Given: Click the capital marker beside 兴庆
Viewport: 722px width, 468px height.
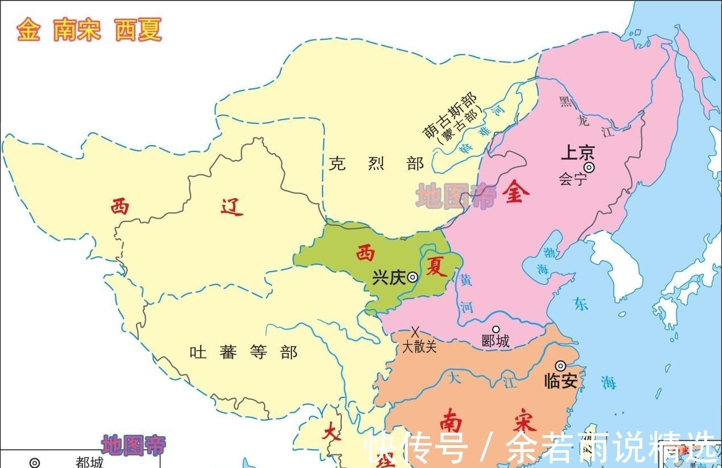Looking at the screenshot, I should pos(412,277).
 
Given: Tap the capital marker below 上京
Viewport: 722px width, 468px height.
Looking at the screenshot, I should pos(589,167).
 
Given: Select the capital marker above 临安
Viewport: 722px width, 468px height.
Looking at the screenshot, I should pos(561,366).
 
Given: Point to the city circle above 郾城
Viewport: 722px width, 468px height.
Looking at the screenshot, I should pos(496,329).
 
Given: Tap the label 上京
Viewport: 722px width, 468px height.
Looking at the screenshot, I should pos(577,153).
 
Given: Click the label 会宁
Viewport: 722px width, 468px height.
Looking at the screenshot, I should pos(572,180).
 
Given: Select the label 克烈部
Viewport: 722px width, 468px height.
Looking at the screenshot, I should pos(376,164).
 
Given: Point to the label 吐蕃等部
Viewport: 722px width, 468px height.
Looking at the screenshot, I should pos(243,352).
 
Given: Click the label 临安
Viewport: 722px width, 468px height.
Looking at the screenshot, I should pos(561,380).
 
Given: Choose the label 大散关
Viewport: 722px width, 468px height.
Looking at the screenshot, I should pos(420,346).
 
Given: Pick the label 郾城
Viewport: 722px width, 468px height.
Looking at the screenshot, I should pos(496,342).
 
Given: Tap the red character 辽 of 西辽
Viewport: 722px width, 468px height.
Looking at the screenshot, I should pos(230,207).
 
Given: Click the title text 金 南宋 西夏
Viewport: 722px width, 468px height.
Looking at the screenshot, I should pos(89,30).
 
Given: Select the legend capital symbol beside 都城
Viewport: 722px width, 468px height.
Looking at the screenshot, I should pos(35,463).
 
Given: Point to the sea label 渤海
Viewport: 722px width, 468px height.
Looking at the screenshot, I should pos(540,261).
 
